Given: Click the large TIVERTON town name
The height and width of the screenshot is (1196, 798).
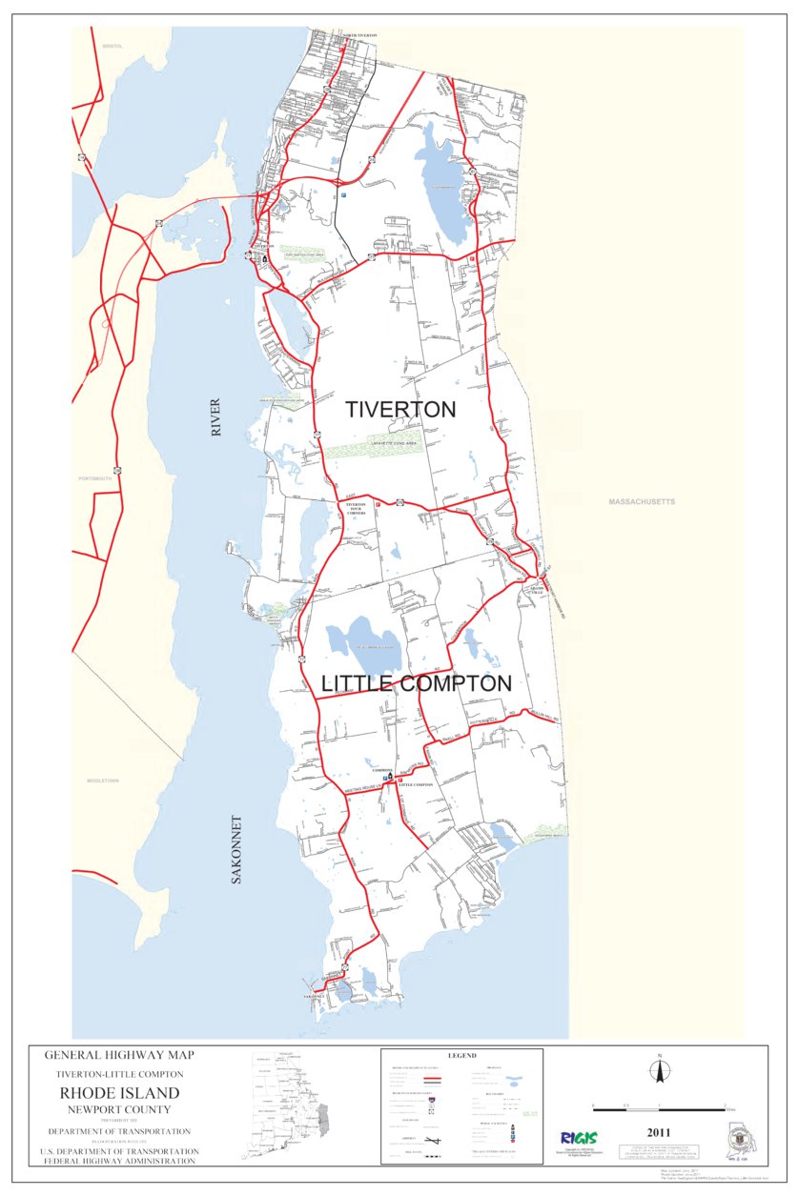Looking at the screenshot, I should coord(400,410).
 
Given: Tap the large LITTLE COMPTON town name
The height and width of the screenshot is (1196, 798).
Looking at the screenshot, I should coord(417,684).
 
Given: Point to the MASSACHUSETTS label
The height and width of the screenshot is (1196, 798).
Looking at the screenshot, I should coord(642,501).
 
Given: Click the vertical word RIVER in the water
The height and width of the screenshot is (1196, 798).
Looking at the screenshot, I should coord(215,418).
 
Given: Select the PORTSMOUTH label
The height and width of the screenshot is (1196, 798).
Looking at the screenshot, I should coord(95,478).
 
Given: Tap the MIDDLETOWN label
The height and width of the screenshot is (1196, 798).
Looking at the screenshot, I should coord(99,780).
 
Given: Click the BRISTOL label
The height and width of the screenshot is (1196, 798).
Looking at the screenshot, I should coord(114,45).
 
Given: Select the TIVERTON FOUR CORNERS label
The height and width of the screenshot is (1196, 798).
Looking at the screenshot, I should coord(356,508).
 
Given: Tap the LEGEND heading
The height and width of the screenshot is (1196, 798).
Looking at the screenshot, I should coord(461,1056).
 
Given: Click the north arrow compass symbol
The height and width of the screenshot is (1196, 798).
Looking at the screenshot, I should coord(658,1071).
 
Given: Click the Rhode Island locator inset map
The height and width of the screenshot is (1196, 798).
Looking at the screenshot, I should coord(290,1105).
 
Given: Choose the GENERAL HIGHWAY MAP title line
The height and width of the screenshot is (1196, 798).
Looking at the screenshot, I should coord(119,1055).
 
